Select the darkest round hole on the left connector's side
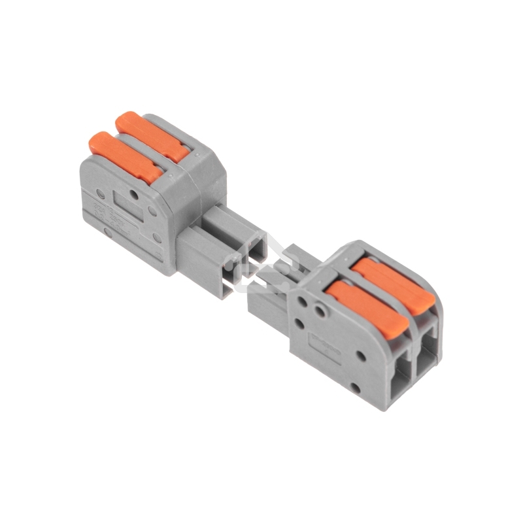tap(134, 194)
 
